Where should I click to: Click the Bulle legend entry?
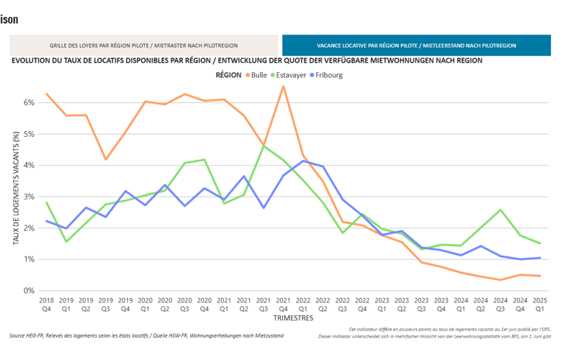[258, 75]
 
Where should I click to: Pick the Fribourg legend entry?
[344, 75]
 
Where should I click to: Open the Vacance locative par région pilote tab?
[416, 45]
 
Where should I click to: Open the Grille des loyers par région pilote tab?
[143, 45]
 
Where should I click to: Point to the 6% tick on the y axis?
[30, 103]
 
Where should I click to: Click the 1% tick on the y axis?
[30, 259]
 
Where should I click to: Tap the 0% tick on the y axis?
[30, 291]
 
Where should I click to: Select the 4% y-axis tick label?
[30, 166]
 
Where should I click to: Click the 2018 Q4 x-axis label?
[47, 303]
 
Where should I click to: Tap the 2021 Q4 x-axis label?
[284, 303]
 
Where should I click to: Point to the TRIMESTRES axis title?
[293, 317]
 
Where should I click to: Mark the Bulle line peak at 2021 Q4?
[284, 86]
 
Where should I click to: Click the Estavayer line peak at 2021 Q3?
[264, 145]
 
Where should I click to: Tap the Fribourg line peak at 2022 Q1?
[303, 161]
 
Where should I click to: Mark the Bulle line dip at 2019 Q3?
[106, 159]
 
